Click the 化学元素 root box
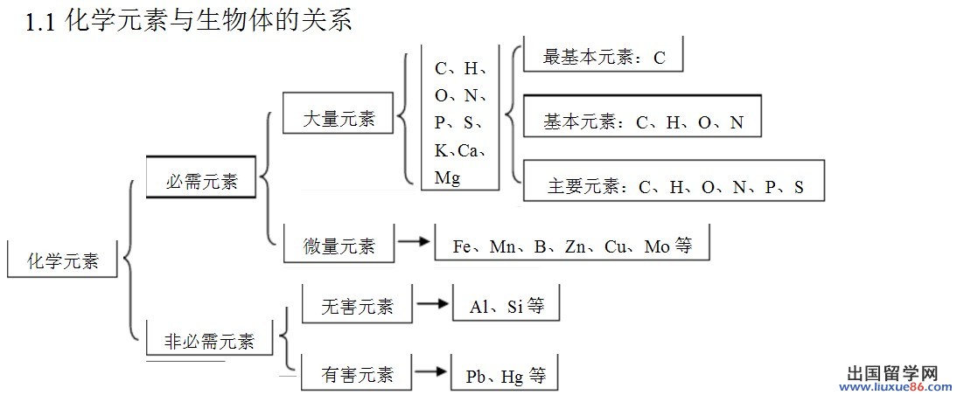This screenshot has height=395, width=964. click(63, 260)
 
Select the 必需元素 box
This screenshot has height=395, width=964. click(201, 181)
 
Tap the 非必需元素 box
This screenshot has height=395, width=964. click(210, 340)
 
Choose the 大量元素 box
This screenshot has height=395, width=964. click(339, 118)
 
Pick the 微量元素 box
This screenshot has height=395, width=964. click(339, 246)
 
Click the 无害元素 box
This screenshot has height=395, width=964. click(357, 306)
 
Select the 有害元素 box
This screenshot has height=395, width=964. click(357, 375)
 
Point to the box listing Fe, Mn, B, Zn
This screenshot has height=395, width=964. click(572, 246)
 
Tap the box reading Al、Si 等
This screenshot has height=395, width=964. click(506, 306)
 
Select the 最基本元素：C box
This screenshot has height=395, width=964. click(604, 58)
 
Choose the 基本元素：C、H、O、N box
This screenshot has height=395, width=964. click(642, 121)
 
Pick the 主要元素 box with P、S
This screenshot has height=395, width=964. click(674, 185)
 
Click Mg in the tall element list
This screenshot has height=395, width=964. click(447, 177)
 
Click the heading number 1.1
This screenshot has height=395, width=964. click(41, 24)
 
